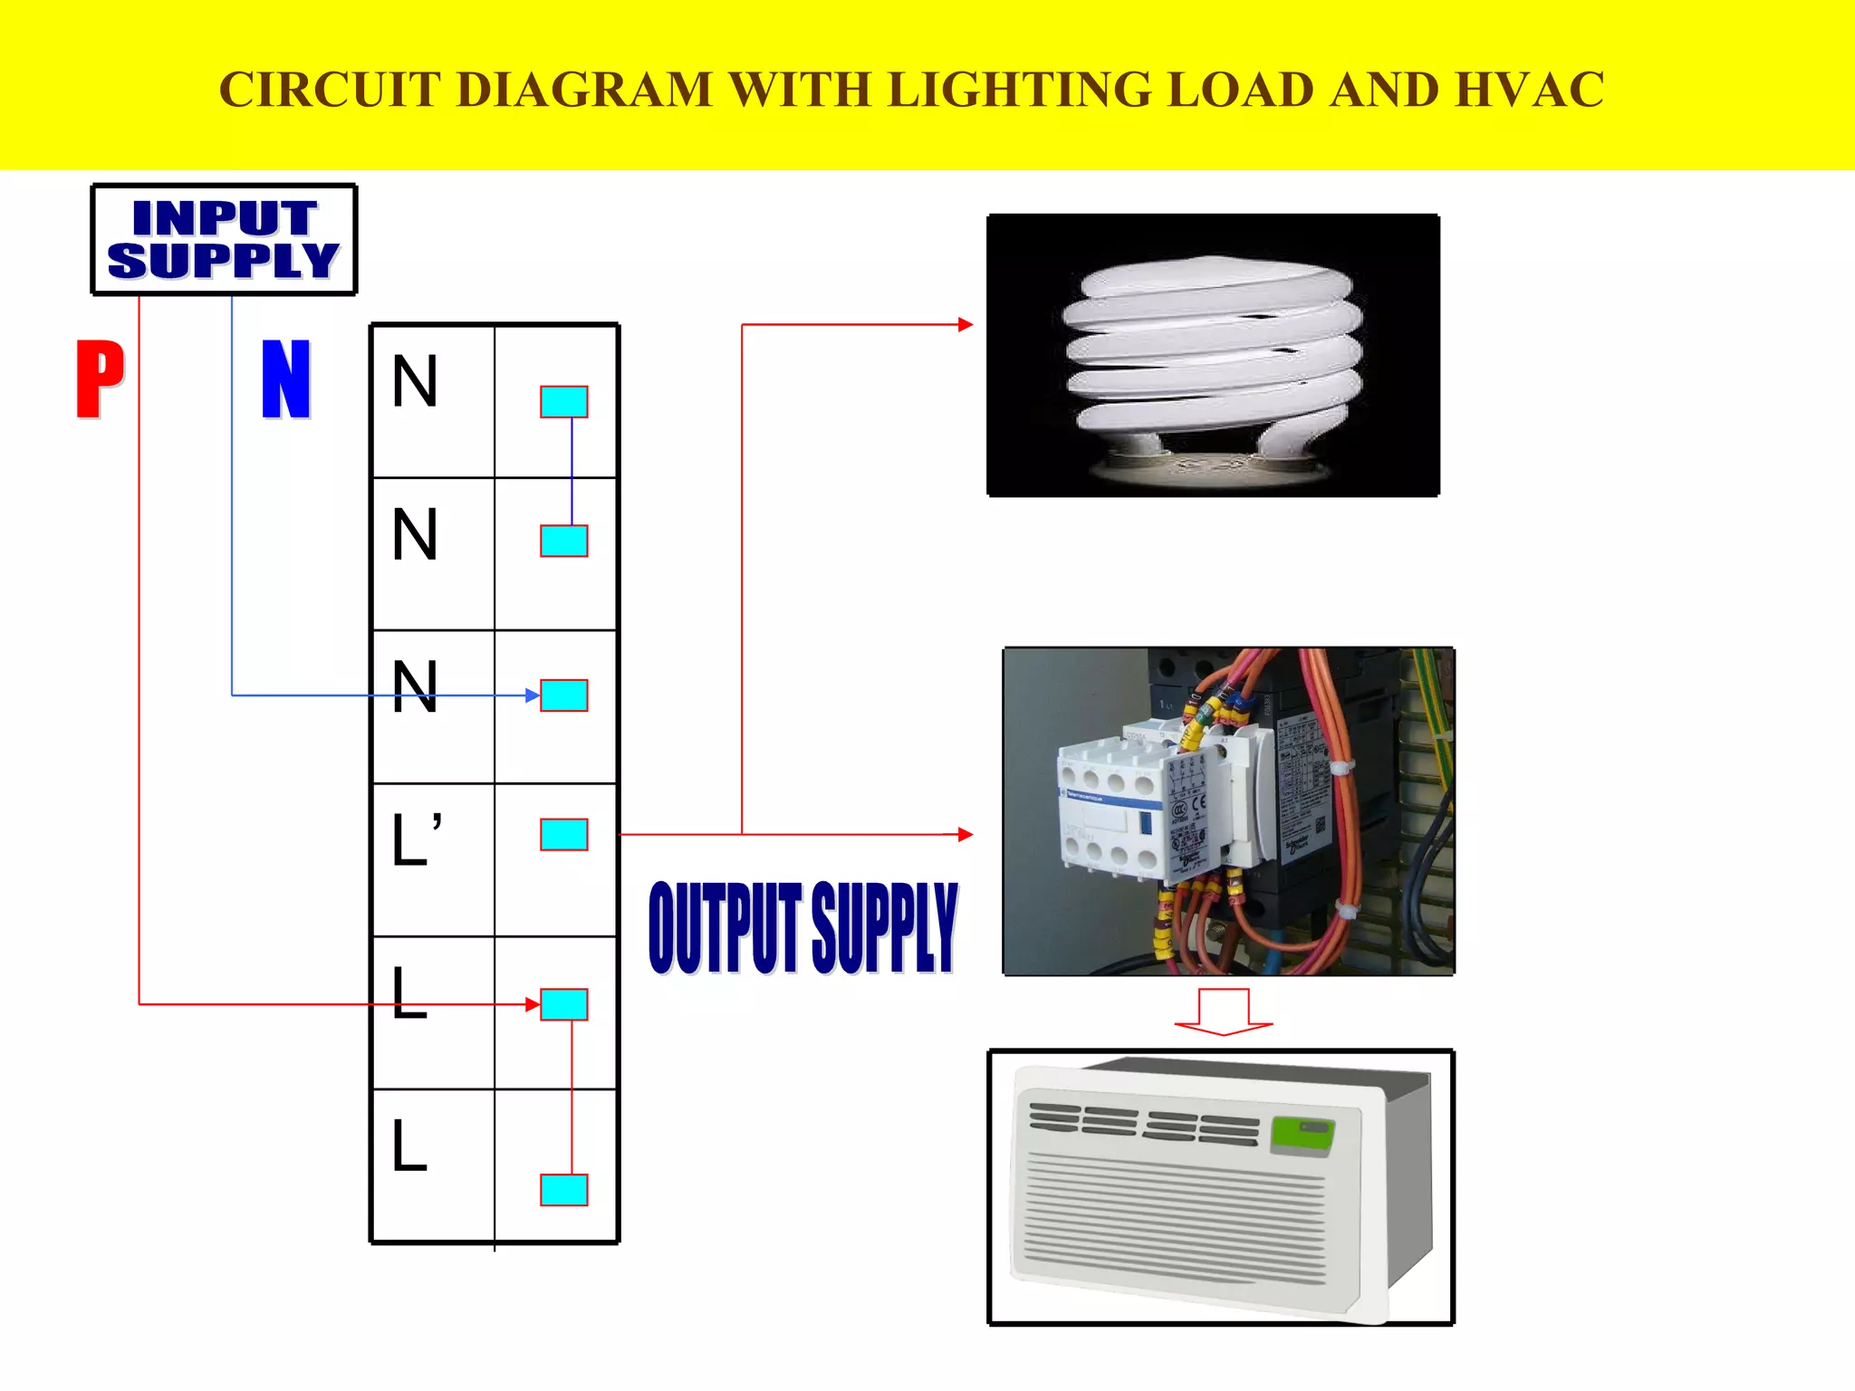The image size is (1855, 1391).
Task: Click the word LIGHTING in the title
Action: (x=1018, y=90)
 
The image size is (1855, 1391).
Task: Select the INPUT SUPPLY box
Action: (x=224, y=240)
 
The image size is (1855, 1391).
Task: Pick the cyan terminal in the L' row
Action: (x=563, y=834)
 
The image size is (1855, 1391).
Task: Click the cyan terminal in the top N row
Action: (x=563, y=401)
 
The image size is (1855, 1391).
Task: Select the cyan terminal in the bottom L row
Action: (x=563, y=1190)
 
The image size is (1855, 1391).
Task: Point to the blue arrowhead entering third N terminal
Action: (x=533, y=695)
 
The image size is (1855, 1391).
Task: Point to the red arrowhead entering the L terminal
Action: (x=533, y=1004)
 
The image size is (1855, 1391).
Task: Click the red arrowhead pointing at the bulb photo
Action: (x=966, y=324)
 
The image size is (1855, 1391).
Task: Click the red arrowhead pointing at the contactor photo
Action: (x=966, y=834)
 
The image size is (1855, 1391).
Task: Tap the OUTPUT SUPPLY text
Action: (x=803, y=927)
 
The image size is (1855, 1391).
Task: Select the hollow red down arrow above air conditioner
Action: (x=1223, y=1012)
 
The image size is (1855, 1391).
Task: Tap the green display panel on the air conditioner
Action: (x=1302, y=1136)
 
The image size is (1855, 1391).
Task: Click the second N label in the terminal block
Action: (x=415, y=534)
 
